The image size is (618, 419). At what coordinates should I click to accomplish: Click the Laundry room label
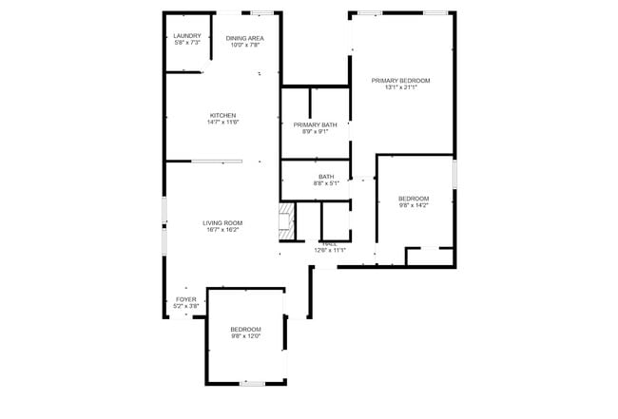[x=187, y=36]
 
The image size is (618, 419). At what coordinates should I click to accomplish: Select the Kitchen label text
[x=222, y=115]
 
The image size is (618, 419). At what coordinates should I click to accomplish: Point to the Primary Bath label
[x=315, y=124]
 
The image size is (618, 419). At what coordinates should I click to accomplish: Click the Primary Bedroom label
[x=400, y=81]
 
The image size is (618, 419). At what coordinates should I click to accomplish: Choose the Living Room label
[x=222, y=223]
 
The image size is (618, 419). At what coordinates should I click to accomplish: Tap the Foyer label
[x=186, y=299]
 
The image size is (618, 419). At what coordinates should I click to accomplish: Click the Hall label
[x=329, y=244]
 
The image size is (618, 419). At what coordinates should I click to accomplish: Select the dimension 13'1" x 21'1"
[x=400, y=88]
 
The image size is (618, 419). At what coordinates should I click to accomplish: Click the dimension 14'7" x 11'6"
[x=222, y=123]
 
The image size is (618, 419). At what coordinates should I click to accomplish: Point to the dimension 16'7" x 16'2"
[x=222, y=230]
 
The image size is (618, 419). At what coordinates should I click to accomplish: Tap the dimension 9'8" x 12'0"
[x=245, y=335]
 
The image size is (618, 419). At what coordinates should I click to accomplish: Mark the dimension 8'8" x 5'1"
[x=326, y=183]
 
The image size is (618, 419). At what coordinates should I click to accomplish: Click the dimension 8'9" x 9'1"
[x=315, y=132]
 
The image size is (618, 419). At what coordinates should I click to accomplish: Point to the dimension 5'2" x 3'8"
[x=186, y=306]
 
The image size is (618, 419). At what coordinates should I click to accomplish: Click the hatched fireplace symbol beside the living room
[x=284, y=221]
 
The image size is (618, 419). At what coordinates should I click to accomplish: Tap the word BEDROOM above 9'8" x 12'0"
[x=245, y=328]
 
